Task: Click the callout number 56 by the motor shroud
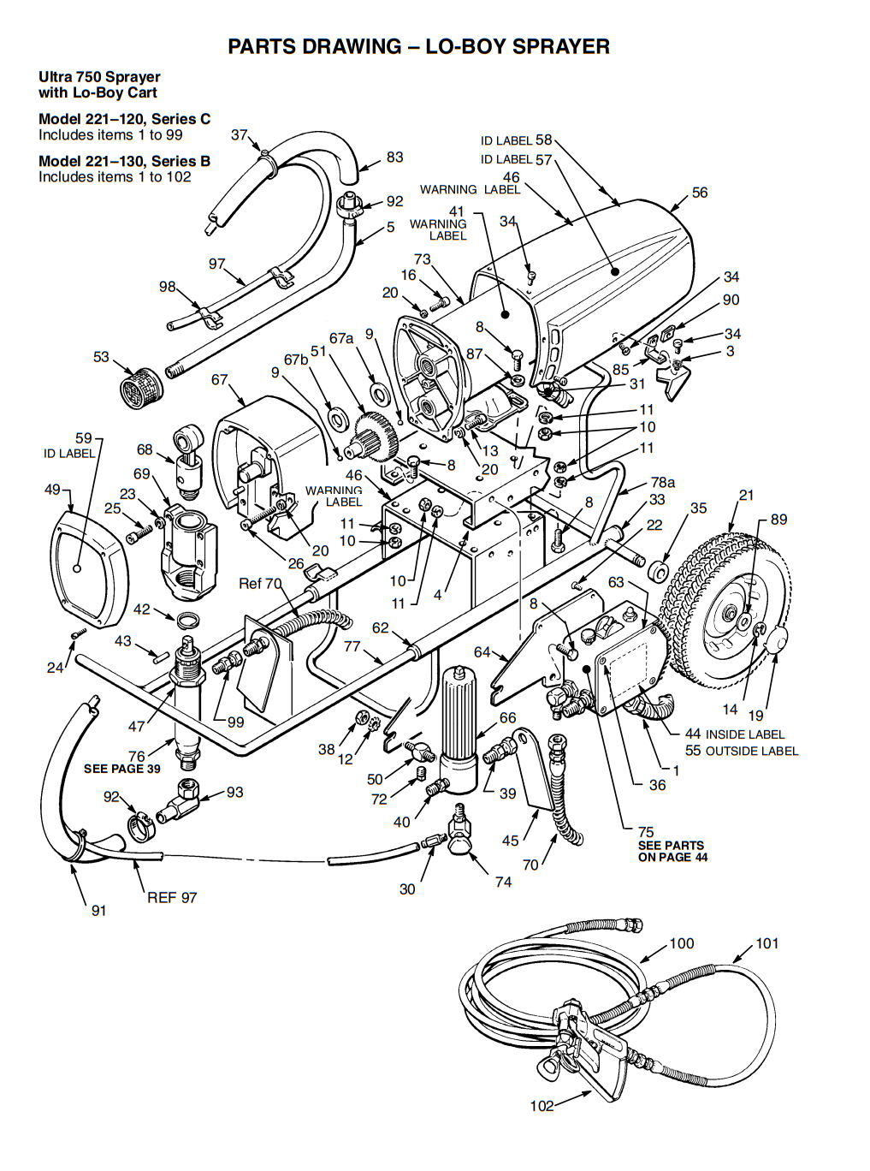(700, 193)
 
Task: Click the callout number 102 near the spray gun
(542, 1106)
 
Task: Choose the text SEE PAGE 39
(121, 768)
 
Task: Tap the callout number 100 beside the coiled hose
(682, 943)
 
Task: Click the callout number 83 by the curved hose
(394, 157)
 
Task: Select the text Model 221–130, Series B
(125, 161)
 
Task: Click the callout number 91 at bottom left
(98, 910)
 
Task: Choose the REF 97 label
(172, 898)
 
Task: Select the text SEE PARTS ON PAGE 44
(672, 851)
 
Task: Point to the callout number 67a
(340, 338)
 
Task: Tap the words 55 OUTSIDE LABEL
(742, 750)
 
